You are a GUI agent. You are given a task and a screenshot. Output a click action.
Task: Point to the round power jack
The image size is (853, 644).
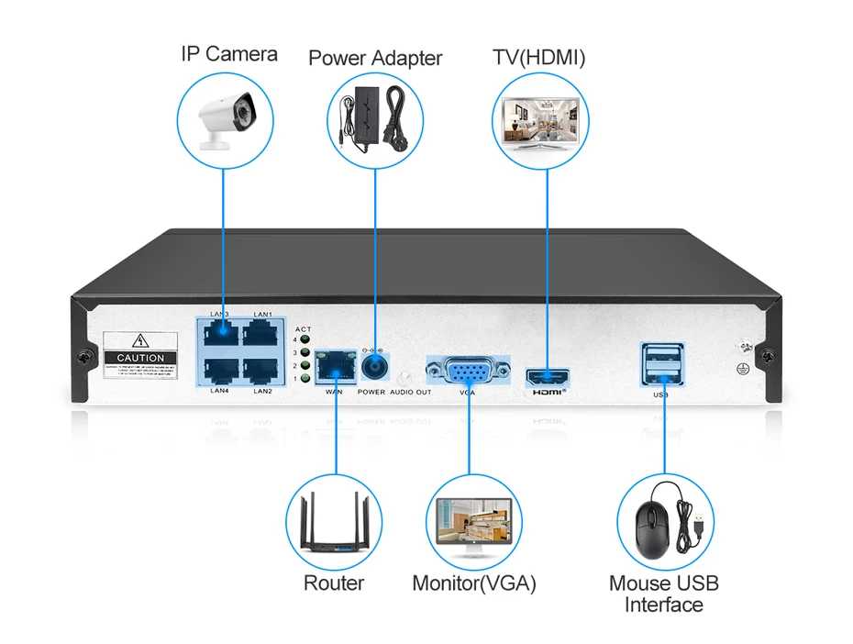(374, 368)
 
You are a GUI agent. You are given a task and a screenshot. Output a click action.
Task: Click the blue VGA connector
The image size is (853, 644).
(468, 372)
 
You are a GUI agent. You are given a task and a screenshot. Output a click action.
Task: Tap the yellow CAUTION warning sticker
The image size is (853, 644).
(141, 355)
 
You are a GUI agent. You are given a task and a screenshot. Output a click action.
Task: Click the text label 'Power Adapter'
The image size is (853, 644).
(375, 59)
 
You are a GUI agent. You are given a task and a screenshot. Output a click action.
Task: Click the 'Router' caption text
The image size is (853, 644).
(334, 583)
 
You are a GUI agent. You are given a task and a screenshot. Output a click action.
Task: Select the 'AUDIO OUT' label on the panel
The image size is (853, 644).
(410, 392)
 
